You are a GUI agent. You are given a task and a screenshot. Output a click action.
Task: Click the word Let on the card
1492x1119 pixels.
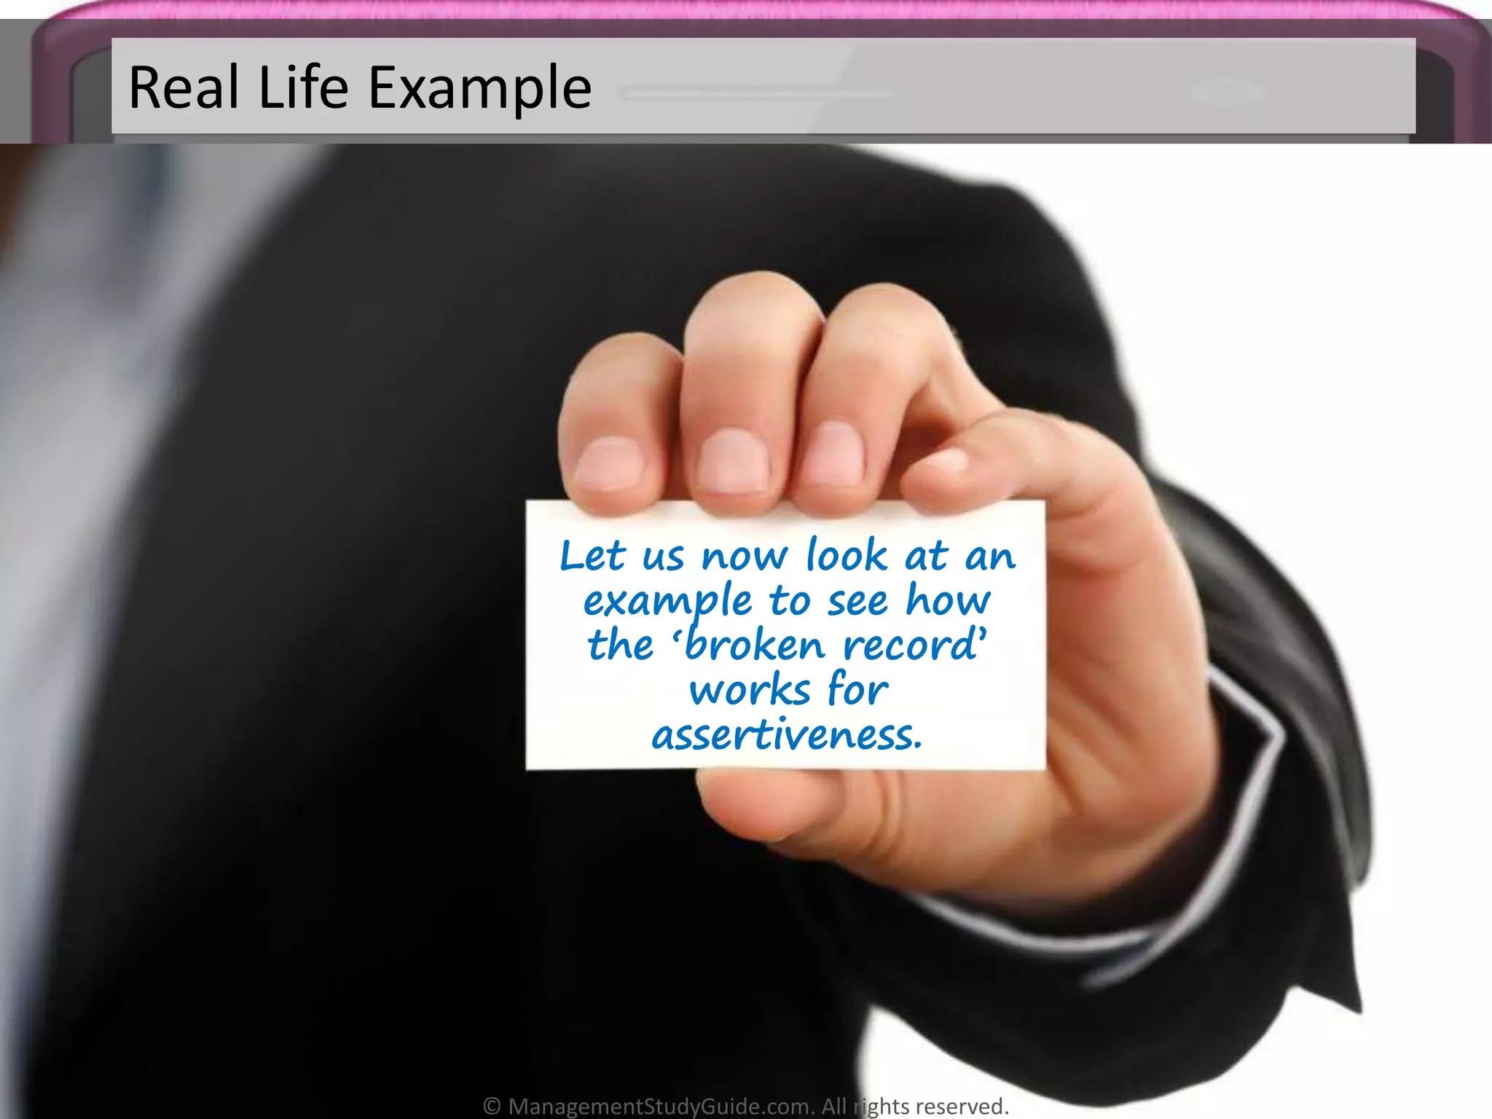(592, 557)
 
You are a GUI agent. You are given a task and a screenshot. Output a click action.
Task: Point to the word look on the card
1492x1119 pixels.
(847, 557)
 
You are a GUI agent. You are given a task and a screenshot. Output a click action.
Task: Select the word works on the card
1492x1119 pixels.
(750, 691)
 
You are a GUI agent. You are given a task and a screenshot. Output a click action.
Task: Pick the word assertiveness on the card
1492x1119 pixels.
(787, 736)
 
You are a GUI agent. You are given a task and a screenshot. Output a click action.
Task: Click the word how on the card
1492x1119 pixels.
(948, 601)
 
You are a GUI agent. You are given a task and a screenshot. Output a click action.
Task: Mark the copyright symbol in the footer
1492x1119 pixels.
(492, 1106)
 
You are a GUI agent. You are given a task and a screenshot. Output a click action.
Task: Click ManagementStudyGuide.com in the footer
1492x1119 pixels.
(660, 1106)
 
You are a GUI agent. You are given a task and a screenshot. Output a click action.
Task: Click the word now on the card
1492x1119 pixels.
(744, 558)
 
